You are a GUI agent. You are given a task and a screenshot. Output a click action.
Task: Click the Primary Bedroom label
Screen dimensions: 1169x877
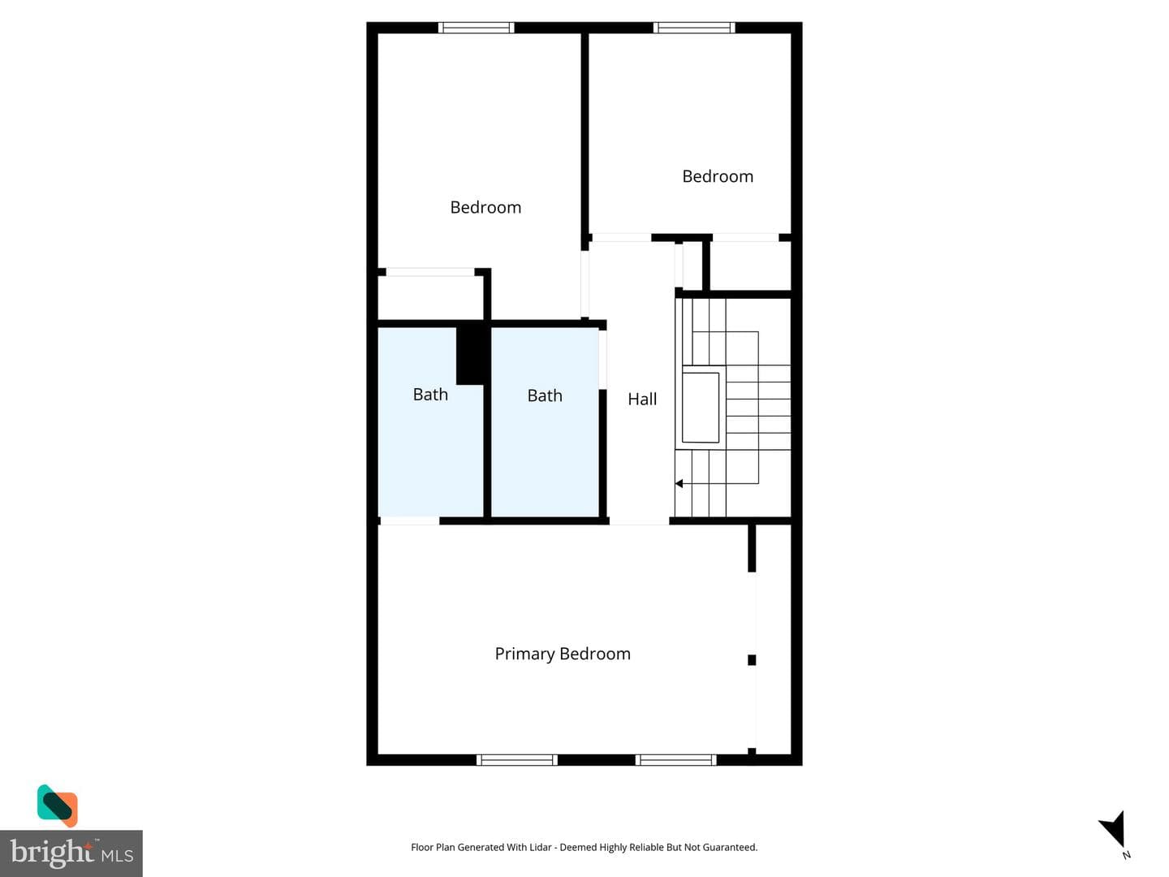pyautogui.click(x=563, y=654)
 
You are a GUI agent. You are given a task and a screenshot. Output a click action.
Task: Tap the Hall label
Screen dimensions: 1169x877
pyautogui.click(x=642, y=399)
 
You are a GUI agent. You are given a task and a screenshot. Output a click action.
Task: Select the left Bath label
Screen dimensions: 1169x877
pyautogui.click(x=430, y=394)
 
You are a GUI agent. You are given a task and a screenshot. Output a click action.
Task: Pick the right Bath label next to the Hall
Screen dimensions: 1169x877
pyautogui.click(x=544, y=395)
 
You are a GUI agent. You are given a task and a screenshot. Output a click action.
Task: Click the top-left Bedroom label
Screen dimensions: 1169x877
pyautogui.click(x=485, y=207)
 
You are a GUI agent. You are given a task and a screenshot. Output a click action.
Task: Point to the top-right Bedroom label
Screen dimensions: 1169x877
pyautogui.click(x=718, y=176)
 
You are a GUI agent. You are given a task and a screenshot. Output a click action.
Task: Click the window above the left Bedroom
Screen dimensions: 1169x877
pyautogui.click(x=476, y=28)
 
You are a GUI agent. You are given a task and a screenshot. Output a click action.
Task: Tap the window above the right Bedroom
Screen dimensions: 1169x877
pyautogui.click(x=694, y=28)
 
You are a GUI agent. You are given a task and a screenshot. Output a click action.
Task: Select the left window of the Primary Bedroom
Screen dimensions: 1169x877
pyautogui.click(x=516, y=760)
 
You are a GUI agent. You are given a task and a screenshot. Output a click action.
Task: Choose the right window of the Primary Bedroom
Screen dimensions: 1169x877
pyautogui.click(x=675, y=760)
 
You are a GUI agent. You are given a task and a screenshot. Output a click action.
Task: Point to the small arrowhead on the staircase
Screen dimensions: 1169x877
pyautogui.click(x=679, y=483)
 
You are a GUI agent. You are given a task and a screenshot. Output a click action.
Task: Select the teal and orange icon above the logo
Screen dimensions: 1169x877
pyautogui.click(x=58, y=806)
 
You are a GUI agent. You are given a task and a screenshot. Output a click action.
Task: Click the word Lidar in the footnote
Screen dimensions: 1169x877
pyautogui.click(x=541, y=847)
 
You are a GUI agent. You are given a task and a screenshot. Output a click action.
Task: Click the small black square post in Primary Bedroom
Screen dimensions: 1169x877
pyautogui.click(x=752, y=660)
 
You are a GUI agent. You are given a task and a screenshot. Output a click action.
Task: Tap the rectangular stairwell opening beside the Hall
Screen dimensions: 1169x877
pyautogui.click(x=701, y=408)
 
